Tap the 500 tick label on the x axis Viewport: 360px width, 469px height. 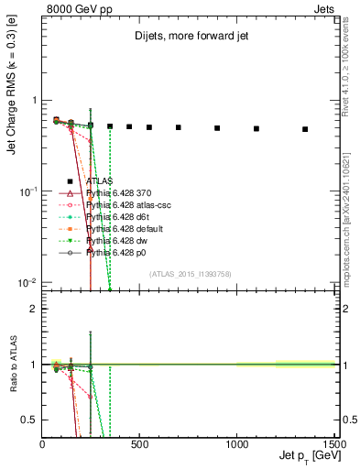(139, 444)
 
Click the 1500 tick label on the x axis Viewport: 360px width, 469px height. (333, 444)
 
